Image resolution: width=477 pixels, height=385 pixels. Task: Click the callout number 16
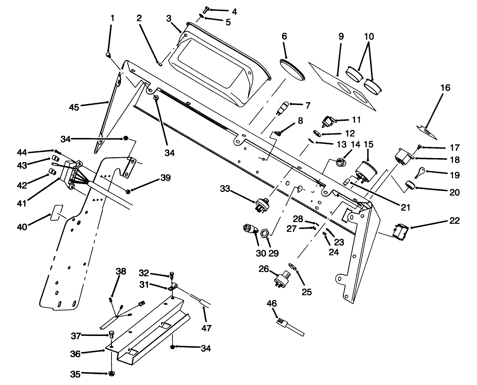coord(445,88)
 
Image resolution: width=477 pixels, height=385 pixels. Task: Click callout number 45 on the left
coord(74,106)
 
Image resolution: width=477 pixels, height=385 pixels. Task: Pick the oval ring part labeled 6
coord(292,69)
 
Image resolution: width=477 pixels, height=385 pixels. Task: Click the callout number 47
coord(206,328)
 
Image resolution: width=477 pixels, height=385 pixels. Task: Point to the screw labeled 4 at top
coord(206,9)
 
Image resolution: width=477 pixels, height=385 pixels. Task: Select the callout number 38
coord(121,272)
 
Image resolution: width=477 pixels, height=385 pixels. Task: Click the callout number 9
coord(341,37)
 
